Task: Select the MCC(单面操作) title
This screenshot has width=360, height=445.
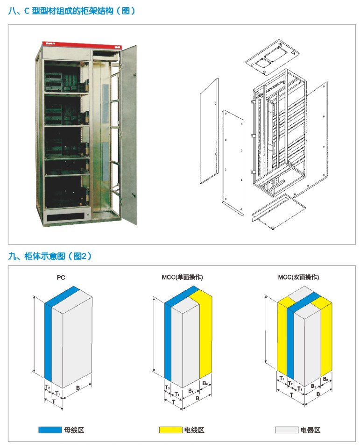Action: (182, 278)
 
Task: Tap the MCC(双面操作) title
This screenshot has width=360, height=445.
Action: (298, 278)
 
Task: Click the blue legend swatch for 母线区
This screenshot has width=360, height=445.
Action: (49, 430)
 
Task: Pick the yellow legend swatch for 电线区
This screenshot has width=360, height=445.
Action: (170, 430)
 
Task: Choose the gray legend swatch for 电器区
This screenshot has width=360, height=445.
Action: (286, 430)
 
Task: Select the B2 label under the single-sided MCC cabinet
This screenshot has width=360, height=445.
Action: (205, 383)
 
